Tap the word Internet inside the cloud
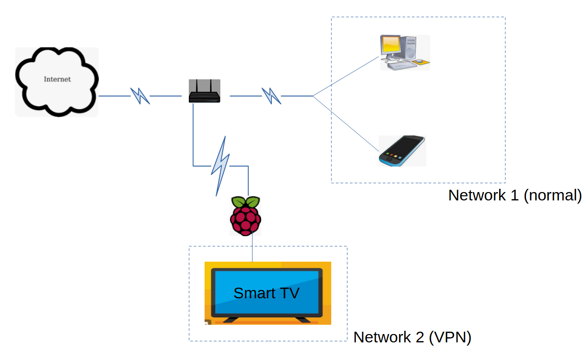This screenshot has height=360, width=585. point(57,79)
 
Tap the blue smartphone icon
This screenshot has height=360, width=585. point(402,151)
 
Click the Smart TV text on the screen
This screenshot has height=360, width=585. point(266,293)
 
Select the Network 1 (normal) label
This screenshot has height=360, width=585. point(514,195)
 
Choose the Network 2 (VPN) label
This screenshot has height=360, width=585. point(412,337)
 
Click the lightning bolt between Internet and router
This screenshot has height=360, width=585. point(140,96)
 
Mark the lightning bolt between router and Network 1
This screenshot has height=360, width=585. point(271,96)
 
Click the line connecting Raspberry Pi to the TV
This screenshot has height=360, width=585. point(252,249)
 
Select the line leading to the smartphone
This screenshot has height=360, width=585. point(346,123)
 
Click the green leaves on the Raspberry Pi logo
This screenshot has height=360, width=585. point(245,202)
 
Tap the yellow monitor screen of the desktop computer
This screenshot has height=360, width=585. point(391,45)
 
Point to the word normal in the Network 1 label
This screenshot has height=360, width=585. point(552,195)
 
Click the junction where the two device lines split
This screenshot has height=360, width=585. point(313,96)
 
